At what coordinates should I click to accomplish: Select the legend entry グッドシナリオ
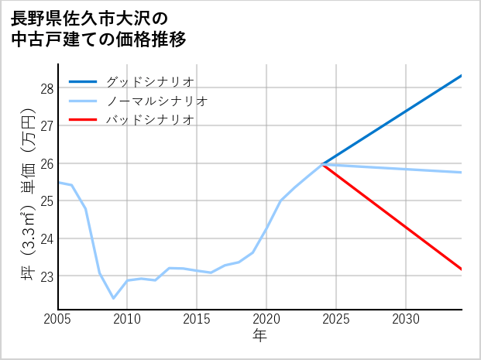coord(149,81)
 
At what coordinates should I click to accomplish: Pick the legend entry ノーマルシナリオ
coord(156,101)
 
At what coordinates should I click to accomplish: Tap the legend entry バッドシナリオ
coord(149,120)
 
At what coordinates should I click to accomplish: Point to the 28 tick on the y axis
coord(47,88)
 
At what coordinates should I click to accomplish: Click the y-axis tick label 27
coord(47,125)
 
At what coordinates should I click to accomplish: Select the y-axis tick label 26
coord(47,163)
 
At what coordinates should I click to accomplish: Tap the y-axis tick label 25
coord(47,201)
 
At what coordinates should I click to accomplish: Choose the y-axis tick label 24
coord(47,238)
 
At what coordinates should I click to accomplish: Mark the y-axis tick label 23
coord(47,276)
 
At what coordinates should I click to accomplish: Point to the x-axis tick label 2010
coord(127,319)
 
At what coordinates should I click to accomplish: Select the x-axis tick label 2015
coord(197,319)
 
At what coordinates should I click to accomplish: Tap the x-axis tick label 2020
coord(266,319)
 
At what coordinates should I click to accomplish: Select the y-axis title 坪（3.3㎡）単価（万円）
coord(29,197)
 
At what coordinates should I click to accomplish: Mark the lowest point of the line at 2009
coord(113,298)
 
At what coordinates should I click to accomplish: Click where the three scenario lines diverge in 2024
coord(322,163)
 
